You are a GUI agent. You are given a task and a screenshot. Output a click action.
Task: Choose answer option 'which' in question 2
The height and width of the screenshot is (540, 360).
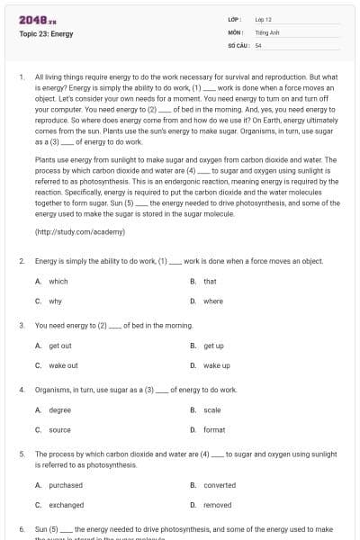(x=58, y=282)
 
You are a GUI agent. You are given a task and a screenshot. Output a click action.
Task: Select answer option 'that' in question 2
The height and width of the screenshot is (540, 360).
(x=210, y=282)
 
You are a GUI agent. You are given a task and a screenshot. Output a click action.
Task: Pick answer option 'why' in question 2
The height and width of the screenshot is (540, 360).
(x=55, y=301)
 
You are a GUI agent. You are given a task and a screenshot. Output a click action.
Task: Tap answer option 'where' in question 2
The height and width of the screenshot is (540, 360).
(x=213, y=301)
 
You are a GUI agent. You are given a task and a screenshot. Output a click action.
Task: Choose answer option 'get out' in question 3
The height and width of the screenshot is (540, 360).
(x=59, y=346)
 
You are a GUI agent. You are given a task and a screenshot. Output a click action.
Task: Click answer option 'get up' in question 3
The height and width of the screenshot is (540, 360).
(x=213, y=346)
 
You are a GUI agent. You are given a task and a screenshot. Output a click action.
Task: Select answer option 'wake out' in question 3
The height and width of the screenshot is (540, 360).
(x=63, y=365)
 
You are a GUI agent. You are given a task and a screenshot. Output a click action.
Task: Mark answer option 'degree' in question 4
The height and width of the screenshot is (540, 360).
(x=59, y=410)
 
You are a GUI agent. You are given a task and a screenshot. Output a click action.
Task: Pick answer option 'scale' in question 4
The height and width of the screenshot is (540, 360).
(x=212, y=410)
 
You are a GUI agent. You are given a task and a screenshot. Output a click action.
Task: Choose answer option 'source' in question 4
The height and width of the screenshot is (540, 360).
(x=59, y=430)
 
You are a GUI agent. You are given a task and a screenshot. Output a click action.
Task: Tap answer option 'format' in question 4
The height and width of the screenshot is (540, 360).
(x=214, y=430)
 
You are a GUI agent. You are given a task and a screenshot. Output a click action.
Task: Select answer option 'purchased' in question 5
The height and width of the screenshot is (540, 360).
(x=65, y=485)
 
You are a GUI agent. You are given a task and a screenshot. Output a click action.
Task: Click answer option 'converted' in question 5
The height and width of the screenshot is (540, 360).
(x=220, y=485)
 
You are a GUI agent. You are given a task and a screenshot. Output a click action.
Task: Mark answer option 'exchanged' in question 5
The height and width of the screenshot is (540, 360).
(x=66, y=505)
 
